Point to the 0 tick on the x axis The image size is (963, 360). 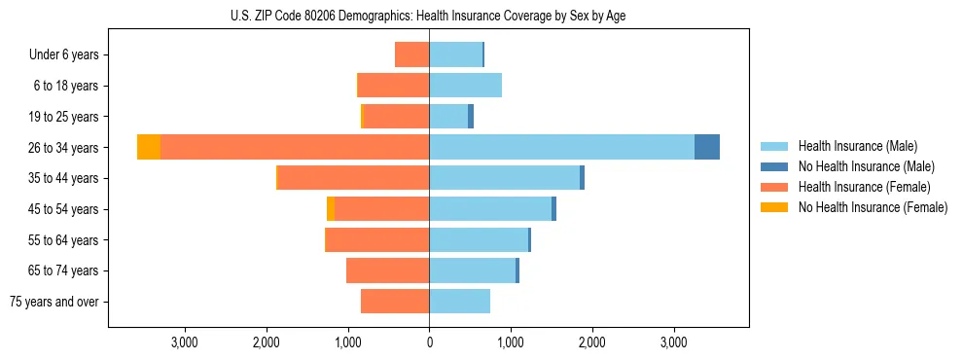(x=429, y=342)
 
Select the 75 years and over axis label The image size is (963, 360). (x=54, y=303)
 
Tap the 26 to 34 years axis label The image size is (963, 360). (x=64, y=148)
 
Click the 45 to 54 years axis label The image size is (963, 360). (x=64, y=209)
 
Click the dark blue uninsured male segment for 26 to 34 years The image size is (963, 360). (x=707, y=147)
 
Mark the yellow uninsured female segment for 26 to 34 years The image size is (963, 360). (x=149, y=147)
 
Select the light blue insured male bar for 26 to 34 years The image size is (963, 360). (x=561, y=147)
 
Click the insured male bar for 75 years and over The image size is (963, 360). (x=459, y=302)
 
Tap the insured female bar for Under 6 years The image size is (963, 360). (x=412, y=54)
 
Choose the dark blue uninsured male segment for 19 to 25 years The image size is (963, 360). (x=471, y=117)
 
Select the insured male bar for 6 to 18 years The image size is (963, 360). (x=465, y=86)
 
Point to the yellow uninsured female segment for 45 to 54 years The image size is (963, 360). (x=331, y=209)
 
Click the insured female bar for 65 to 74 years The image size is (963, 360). (x=387, y=270)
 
